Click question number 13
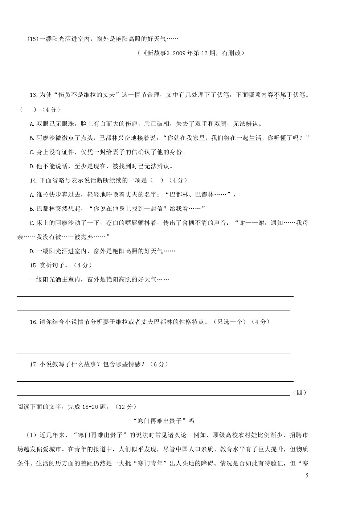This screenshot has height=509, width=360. (33, 95)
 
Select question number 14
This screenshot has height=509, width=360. (33, 180)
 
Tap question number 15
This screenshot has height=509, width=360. (33, 266)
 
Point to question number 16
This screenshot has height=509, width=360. (33, 322)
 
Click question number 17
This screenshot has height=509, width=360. (33, 365)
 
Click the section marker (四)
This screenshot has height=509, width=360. (299, 393)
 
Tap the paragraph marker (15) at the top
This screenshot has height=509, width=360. (33, 39)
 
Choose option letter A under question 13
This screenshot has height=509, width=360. (32, 124)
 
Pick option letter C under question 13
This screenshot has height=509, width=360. (32, 152)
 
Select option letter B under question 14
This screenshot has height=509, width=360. (32, 209)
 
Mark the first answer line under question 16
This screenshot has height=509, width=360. (155, 338)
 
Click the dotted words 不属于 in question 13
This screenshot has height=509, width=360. (283, 95)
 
